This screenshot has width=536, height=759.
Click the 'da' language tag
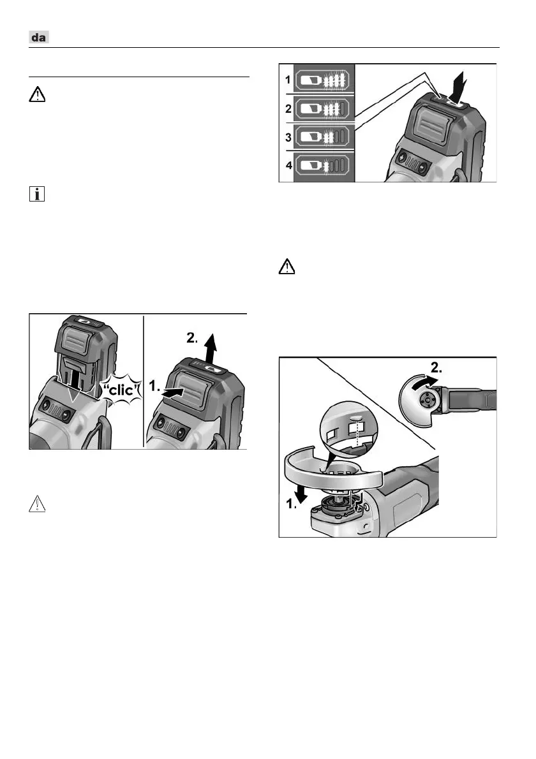point(40,38)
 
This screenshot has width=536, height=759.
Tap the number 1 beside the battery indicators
point(288,82)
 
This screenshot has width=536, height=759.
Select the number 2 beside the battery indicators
point(288,109)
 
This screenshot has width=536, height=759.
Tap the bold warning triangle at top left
point(38,96)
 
